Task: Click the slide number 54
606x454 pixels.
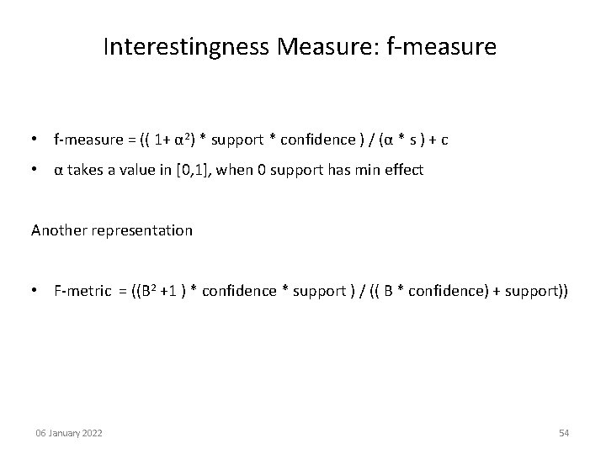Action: coord(564,433)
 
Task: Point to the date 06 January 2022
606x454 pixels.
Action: coord(69,433)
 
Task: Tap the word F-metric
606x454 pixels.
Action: coord(82,291)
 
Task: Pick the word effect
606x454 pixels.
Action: coord(402,170)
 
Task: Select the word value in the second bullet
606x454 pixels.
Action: coord(142,170)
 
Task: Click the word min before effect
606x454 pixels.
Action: coord(366,170)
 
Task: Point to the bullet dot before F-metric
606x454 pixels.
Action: coord(38,291)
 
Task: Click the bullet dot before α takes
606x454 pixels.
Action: coord(38,170)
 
